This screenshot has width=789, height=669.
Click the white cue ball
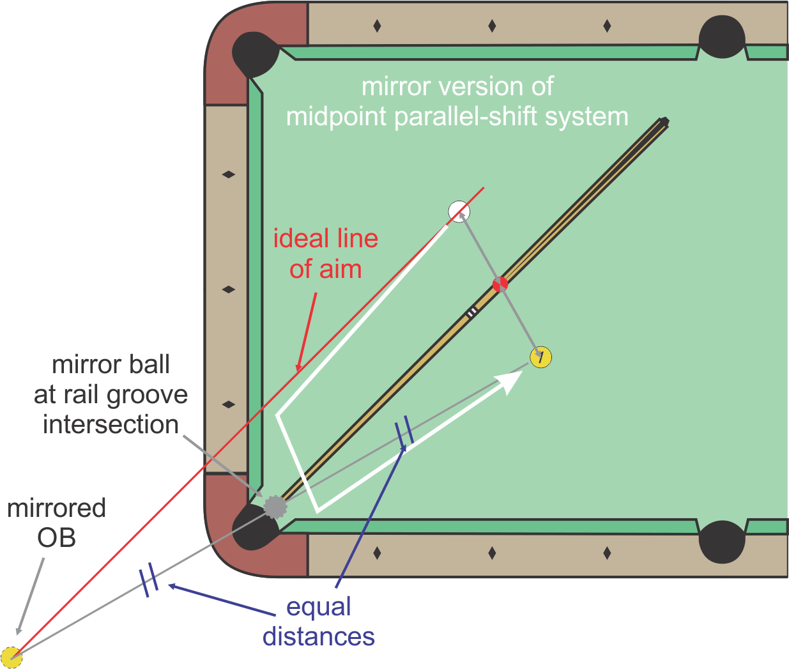tap(459, 211)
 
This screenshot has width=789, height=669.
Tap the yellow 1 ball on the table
tap(541, 357)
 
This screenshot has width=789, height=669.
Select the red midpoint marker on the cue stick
tap(500, 284)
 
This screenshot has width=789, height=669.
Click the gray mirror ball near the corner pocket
tap(275, 507)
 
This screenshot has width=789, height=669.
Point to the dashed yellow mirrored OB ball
tap(11, 657)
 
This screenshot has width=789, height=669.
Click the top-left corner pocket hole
tap(254, 54)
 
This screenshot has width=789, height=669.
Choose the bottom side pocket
tap(722, 542)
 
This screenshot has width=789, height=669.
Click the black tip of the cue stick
tap(664, 121)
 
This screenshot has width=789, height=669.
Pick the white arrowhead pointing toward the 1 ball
tap(511, 380)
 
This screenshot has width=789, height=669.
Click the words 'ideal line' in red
tap(325, 239)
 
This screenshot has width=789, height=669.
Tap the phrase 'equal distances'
tap(318, 622)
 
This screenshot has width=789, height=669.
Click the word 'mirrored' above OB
tap(56, 509)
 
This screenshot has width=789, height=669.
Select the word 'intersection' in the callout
tap(111, 424)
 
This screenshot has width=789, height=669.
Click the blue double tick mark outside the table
tap(149, 580)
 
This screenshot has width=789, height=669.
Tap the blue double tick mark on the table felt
tap(404, 433)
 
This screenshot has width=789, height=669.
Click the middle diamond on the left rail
tap(228, 289)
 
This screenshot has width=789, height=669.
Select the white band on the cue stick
tap(471, 312)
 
